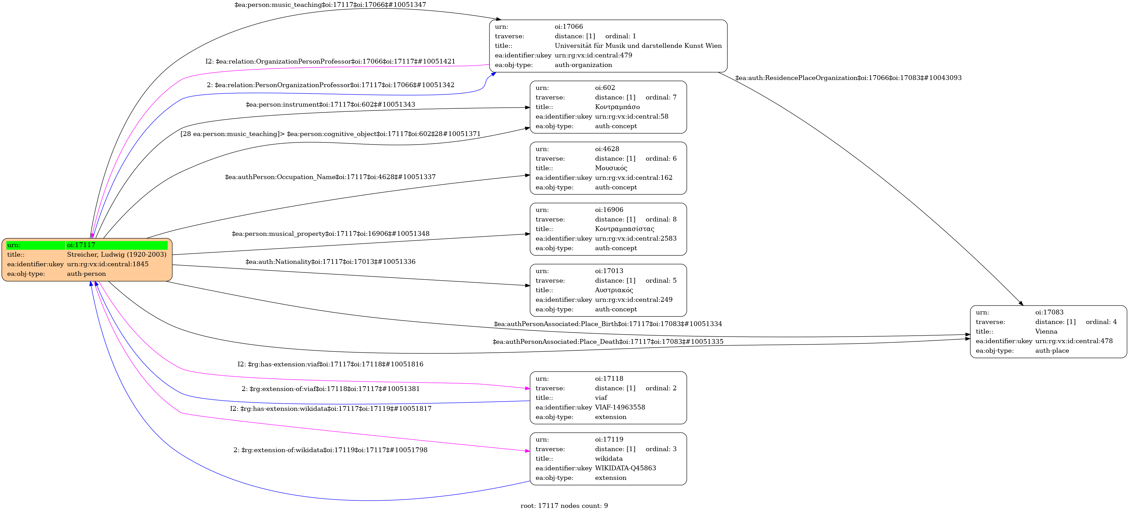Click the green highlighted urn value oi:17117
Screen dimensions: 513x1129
tap(81, 245)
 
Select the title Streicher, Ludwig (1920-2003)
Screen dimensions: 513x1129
tap(117, 255)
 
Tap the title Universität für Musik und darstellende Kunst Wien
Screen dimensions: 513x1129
tap(638, 45)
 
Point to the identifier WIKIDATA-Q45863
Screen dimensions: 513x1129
tap(626, 468)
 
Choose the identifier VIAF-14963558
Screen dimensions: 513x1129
tap(620, 407)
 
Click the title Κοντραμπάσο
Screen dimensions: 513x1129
tap(617, 107)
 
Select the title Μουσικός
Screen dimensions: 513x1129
tap(611, 168)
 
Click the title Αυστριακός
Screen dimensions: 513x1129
tap(614, 290)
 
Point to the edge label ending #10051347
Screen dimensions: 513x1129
tap(330, 5)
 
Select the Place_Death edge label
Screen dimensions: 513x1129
tap(608, 342)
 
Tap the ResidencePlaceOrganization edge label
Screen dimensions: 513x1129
tap(848, 78)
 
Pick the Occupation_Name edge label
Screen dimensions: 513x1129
tap(330, 177)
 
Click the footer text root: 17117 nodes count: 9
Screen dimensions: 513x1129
tap(564, 505)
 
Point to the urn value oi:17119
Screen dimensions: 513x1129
tap(609, 440)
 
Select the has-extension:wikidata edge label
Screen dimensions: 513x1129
tap(331, 409)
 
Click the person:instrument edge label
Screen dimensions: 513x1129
tap(331, 105)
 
